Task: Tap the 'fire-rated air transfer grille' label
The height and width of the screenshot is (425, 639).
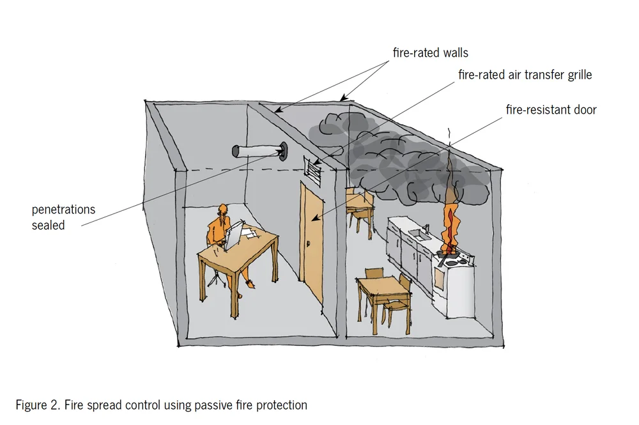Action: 525,75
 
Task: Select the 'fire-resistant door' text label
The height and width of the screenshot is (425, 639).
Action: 551,110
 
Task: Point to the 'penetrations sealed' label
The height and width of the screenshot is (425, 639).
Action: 63,217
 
